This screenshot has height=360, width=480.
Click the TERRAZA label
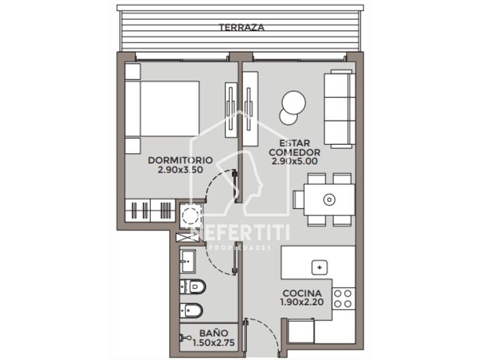241,27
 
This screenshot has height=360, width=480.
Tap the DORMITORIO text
180,160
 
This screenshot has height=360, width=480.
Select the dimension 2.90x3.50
180,170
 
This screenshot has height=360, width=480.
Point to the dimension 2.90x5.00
294,161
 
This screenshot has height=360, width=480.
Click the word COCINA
302,293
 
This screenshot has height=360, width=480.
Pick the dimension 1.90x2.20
302,302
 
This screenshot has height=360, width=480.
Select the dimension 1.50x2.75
214,343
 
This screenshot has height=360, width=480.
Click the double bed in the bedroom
162,108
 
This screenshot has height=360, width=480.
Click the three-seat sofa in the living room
339,109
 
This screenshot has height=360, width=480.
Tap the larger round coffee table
294,103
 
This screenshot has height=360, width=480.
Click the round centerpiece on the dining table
329,200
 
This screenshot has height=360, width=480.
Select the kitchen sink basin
319,267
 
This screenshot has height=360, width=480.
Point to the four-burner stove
343,299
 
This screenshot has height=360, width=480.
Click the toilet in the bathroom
193,287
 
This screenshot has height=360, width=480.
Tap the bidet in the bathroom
191,311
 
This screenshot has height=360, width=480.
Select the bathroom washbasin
187,262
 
